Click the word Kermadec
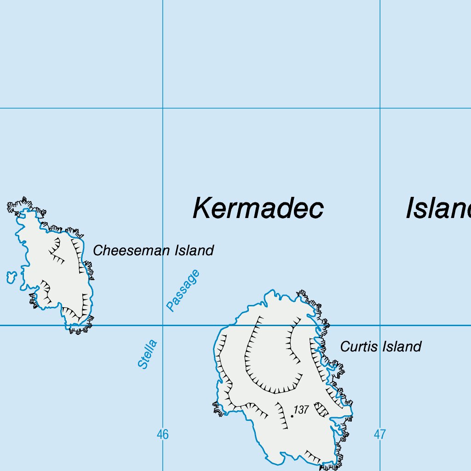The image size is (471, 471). pos(258,208)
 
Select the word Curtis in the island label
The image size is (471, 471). pos(357,346)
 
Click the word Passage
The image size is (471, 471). pos(183,290)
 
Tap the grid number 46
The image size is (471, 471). pos(162,434)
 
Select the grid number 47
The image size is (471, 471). pos(379,434)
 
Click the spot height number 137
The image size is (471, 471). pos(301,410)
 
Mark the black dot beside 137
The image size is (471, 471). pos(292,416)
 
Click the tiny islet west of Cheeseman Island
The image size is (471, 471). pos(11,277)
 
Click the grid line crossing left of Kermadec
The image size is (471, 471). pos(162,109)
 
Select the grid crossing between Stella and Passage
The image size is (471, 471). pos(162,325)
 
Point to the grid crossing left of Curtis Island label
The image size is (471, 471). pos(380,325)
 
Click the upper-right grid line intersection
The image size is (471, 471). pos(380,109)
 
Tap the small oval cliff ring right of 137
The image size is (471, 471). pos(321,409)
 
